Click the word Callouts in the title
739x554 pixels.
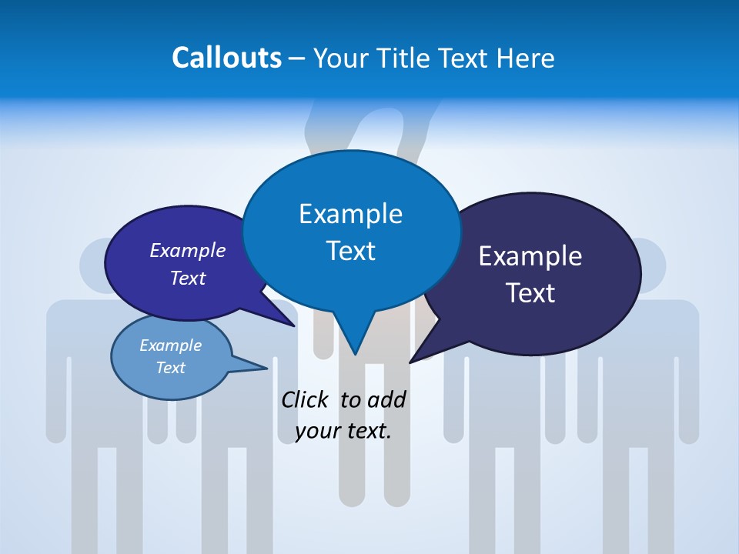click(227, 58)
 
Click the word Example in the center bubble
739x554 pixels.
click(350, 213)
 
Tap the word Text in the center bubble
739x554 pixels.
click(350, 250)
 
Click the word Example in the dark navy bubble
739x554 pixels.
click(530, 256)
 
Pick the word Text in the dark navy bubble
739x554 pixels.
click(530, 292)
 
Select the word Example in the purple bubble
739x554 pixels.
click(188, 250)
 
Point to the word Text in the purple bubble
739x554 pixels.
click(188, 278)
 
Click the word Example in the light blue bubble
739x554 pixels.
click(170, 345)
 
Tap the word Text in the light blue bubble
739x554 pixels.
click(170, 368)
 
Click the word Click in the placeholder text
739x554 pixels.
click(306, 399)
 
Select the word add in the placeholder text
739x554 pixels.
click(386, 399)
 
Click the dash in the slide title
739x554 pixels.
click(297, 58)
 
